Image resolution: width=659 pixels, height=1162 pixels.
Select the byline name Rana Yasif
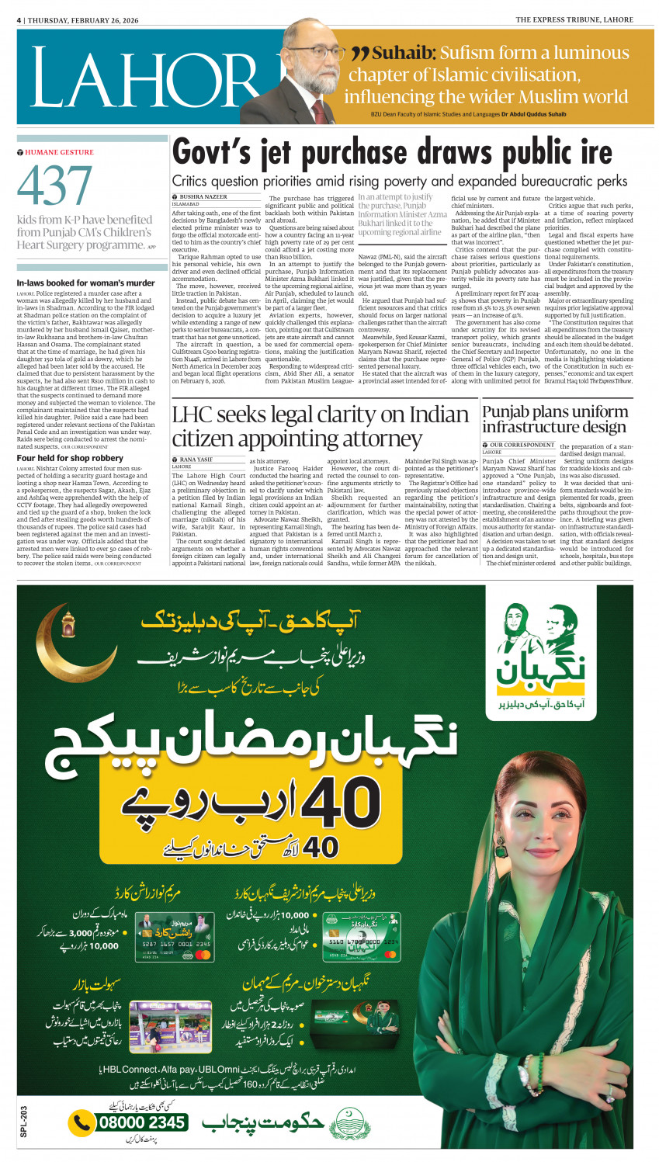[197, 460]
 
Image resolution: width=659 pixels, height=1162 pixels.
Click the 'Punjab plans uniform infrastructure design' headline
[553, 419]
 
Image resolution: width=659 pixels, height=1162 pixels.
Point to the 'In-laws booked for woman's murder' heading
[86, 283]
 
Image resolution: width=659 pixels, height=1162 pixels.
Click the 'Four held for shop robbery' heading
[70, 458]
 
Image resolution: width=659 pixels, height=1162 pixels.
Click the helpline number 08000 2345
[140, 1122]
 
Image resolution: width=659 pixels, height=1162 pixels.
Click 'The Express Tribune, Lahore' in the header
[574, 20]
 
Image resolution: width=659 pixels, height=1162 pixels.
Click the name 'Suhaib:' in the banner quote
[403, 54]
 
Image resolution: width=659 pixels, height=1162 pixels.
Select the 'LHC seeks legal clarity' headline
[319, 426]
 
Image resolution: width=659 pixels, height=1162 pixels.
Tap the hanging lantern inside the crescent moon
[68, 622]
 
